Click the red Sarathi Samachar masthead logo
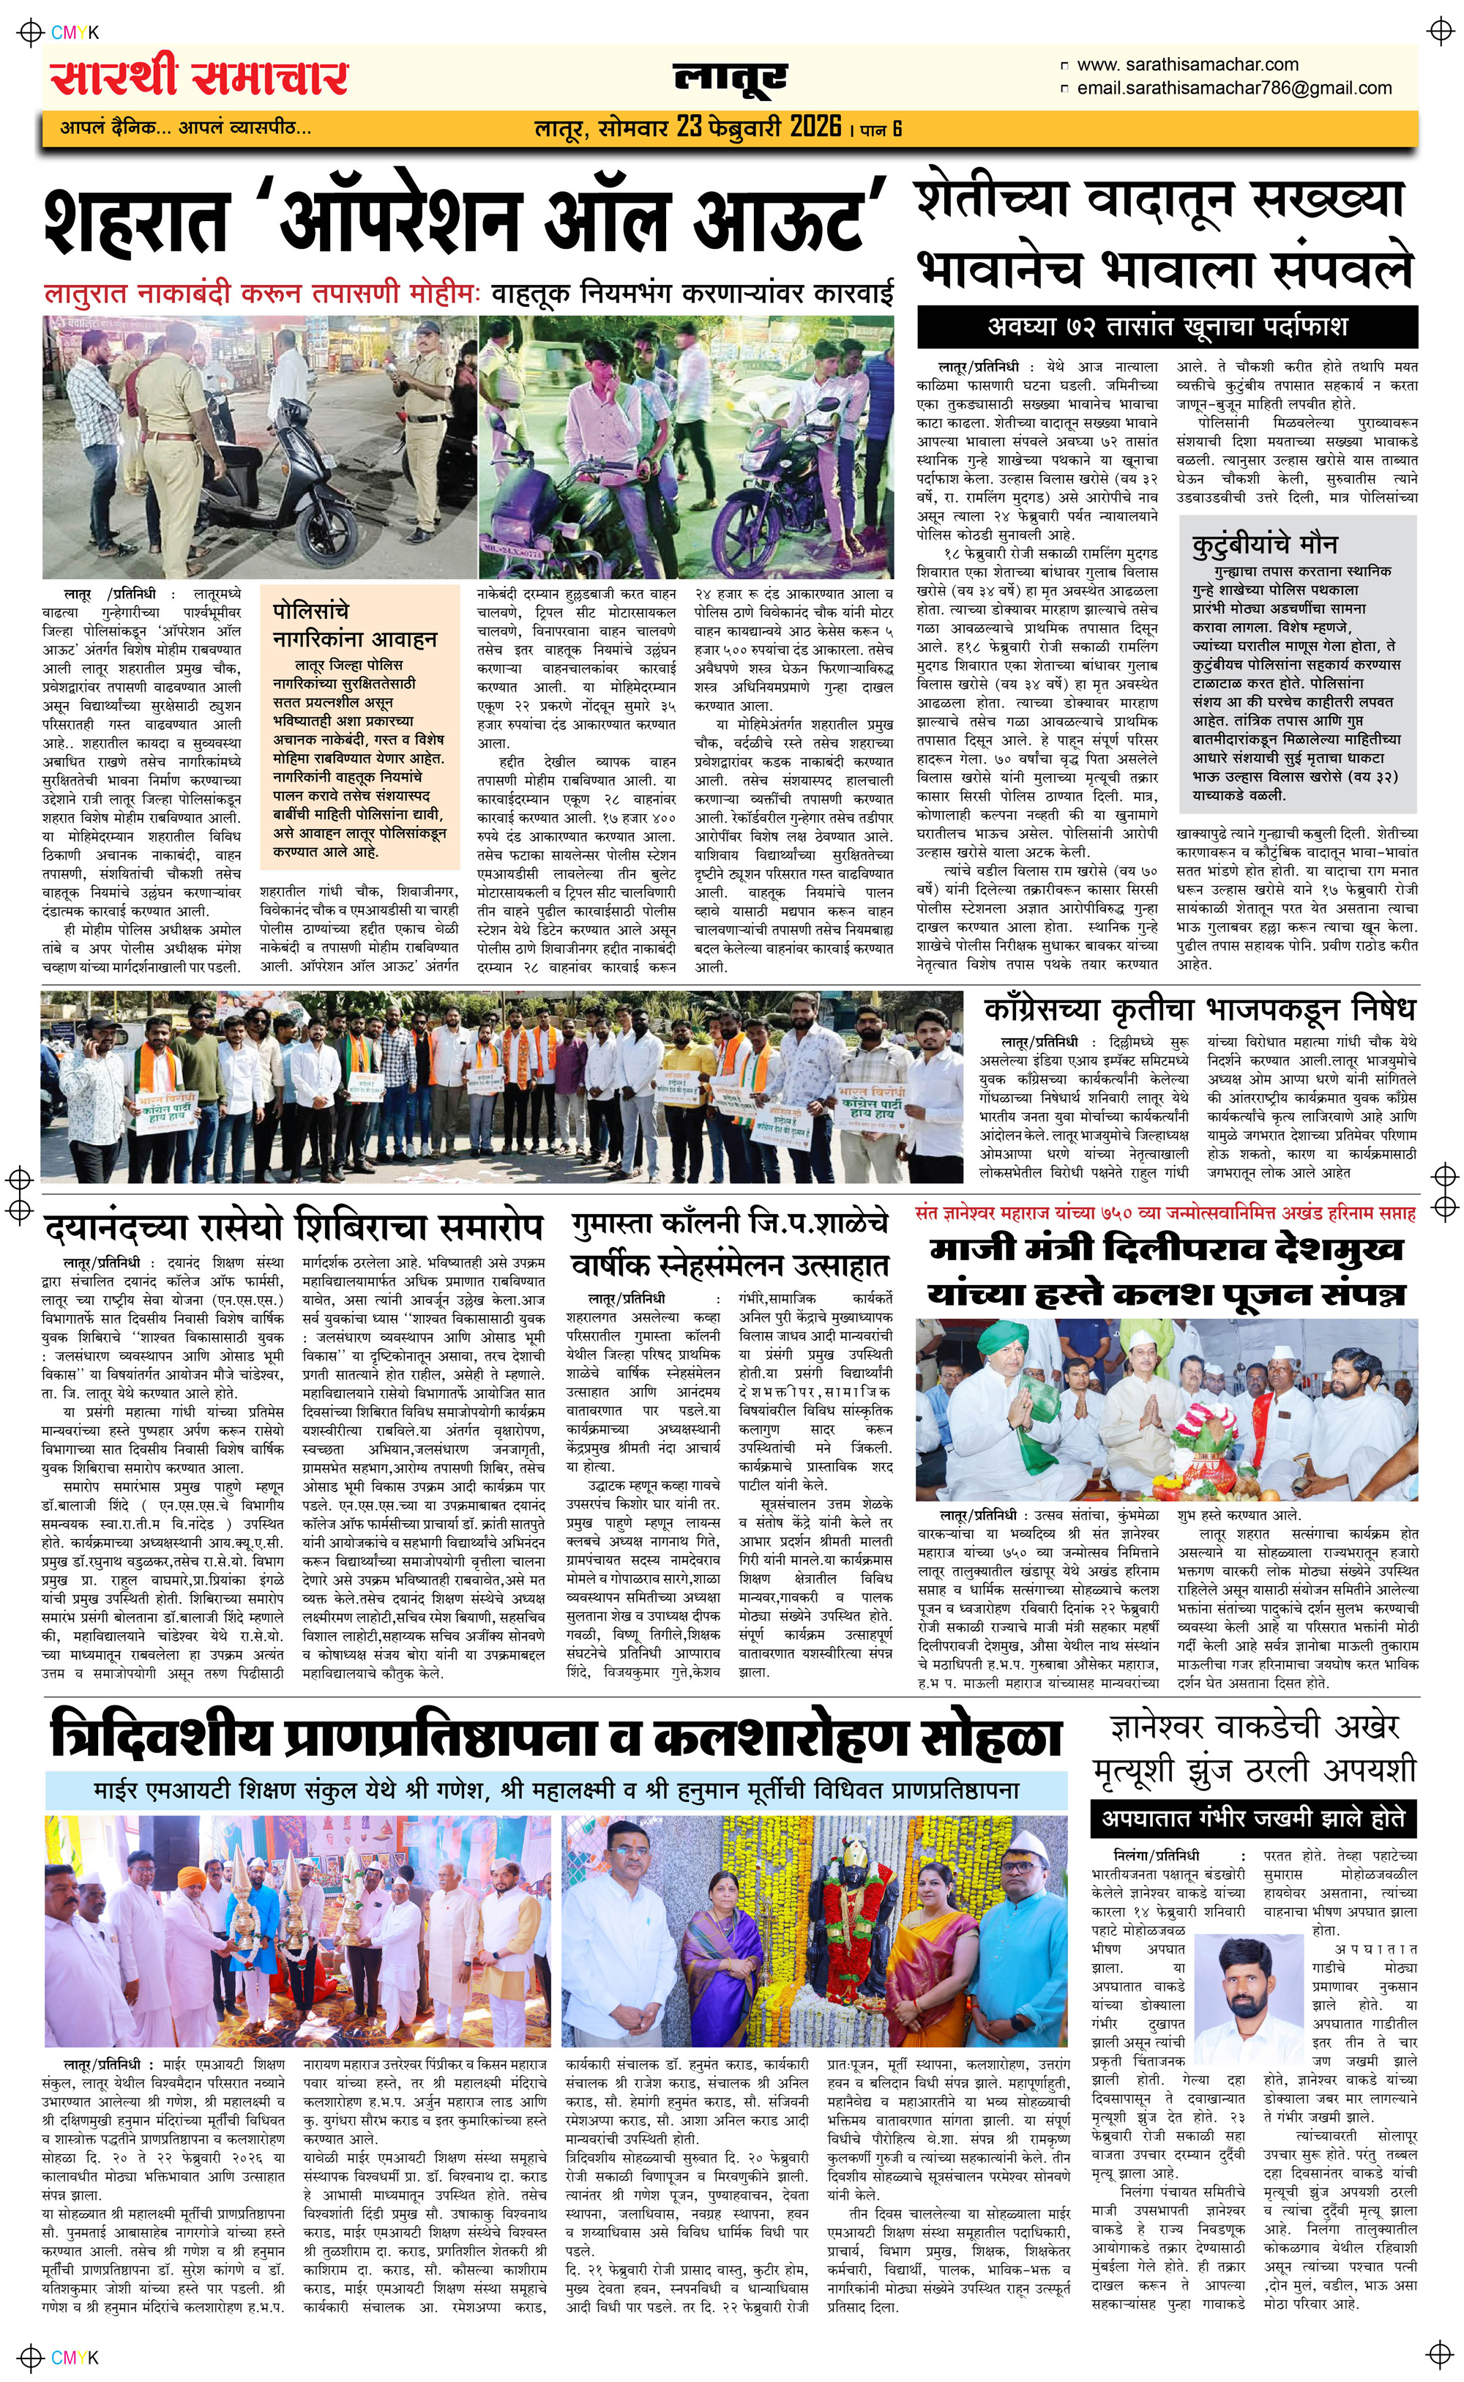(x=199, y=78)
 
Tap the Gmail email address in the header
(x=1235, y=88)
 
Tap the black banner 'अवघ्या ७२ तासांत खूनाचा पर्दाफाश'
(x=1167, y=327)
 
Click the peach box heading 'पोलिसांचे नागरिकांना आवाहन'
(x=354, y=625)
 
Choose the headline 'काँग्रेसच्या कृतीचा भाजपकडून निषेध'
(x=1200, y=1010)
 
